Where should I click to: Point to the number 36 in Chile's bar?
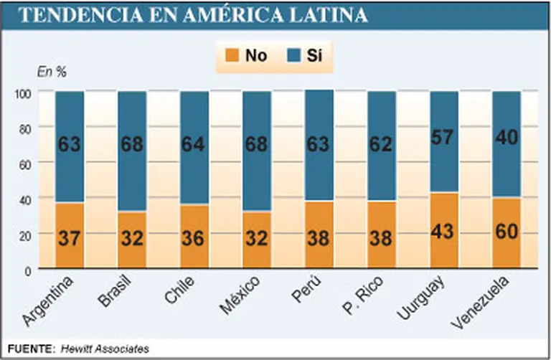coord(194,237)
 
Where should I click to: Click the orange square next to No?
coord(231,55)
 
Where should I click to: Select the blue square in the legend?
coord(293,55)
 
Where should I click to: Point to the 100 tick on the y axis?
coord(24,93)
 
